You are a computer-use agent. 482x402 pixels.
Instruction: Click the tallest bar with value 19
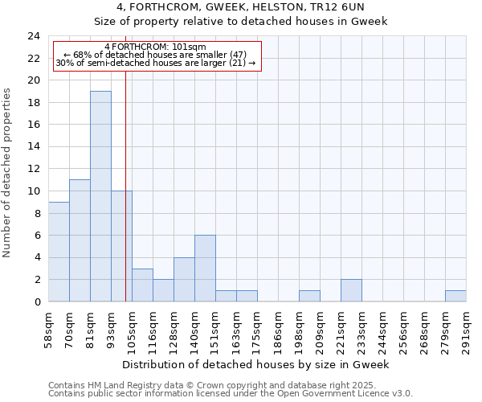(100, 196)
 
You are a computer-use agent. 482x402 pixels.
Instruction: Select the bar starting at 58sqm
(59, 252)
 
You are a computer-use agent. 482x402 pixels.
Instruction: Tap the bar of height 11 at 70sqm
(80, 240)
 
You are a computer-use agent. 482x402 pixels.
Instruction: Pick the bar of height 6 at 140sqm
(205, 269)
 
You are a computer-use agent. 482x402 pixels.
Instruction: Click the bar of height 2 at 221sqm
(351, 290)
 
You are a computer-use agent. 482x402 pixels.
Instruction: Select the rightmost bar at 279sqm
(455, 296)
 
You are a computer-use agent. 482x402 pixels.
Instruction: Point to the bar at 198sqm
(309, 296)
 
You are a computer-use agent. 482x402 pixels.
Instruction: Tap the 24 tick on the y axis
(34, 36)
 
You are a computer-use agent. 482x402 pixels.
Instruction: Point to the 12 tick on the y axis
(34, 169)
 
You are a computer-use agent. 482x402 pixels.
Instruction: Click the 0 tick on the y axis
(37, 301)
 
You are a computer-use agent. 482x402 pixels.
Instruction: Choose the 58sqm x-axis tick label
(48, 328)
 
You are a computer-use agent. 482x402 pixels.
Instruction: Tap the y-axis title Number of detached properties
(8, 173)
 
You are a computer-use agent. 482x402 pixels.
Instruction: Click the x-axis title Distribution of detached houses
(257, 364)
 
